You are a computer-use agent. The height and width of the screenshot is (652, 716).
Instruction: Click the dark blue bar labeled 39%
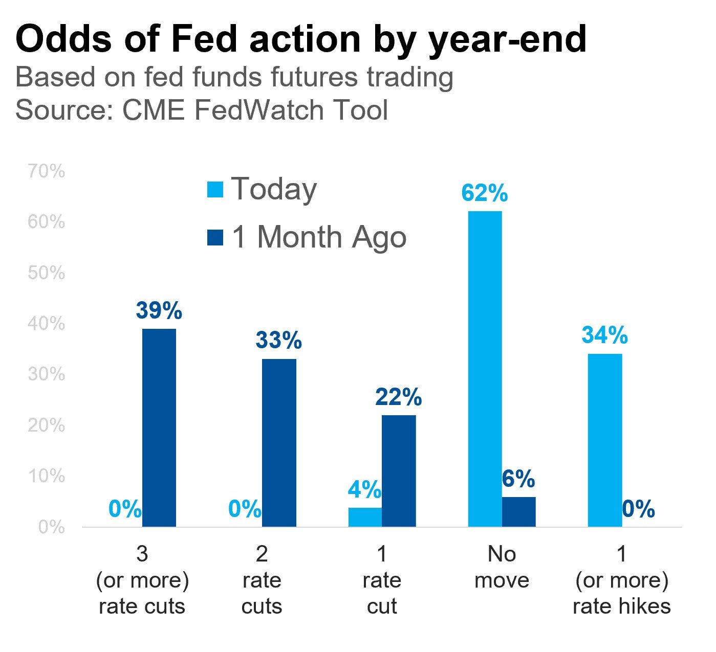coord(159,428)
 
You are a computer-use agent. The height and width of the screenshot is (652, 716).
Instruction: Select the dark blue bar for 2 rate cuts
coord(279,443)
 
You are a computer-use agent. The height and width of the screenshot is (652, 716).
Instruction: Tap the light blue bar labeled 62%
coord(485,369)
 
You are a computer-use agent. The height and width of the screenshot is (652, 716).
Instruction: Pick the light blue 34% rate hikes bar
coord(605,440)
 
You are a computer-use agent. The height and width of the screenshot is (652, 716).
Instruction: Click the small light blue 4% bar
coord(365,517)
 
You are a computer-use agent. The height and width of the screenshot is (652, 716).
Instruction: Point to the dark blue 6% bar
coord(518,512)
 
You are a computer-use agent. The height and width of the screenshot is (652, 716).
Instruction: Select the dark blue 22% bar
coord(399,471)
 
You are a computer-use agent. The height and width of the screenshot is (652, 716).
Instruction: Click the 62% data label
coord(484,193)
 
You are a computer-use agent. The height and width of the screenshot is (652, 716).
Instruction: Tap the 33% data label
coord(279,341)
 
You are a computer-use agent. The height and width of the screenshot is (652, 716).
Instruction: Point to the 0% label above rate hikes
coord(639,509)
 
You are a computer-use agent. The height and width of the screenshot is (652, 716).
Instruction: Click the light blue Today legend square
coord(215,189)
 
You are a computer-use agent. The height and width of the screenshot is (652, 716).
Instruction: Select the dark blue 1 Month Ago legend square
coord(215,238)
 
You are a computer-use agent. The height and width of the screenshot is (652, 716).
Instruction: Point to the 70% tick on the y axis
coord(47,171)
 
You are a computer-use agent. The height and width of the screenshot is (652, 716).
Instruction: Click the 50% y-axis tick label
coord(47,273)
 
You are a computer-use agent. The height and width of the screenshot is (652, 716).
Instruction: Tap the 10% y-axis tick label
coord(47,476)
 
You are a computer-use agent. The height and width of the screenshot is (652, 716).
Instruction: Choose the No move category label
coord(502,567)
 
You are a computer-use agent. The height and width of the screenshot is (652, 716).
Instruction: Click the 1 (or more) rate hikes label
coord(622,580)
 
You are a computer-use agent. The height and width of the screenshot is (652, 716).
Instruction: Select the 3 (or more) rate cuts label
coord(142,580)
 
